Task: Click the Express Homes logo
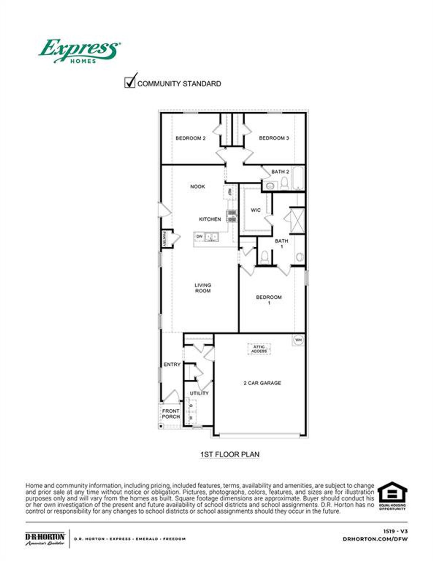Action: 79,51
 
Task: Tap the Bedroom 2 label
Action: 190,138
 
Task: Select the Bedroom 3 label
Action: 274,138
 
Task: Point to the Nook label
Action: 197,186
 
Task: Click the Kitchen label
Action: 210,219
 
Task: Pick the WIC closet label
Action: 256,210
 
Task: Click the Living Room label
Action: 203,288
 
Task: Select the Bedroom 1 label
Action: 269,300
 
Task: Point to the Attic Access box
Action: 259,349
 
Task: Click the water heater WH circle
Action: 298,340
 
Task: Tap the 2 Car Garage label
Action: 262,383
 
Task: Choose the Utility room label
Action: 199,393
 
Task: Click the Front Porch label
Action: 171,413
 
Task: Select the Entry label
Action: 172,364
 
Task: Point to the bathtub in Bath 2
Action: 298,178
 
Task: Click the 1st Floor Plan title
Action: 230,454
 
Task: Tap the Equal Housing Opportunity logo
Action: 392,496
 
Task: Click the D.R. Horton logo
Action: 45,539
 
